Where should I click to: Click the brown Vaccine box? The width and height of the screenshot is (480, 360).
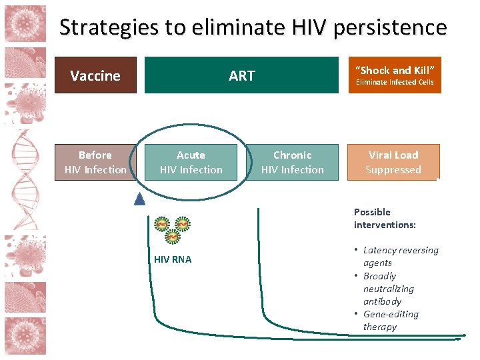(x=95, y=75)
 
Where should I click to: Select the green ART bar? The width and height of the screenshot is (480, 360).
(x=241, y=75)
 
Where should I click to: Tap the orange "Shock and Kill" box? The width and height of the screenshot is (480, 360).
(x=395, y=75)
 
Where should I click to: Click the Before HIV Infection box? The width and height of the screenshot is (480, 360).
(x=95, y=162)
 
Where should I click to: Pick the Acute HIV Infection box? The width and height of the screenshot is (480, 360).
(x=191, y=162)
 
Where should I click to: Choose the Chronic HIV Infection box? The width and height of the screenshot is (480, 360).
(x=293, y=162)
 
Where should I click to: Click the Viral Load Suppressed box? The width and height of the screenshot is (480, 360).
(x=393, y=162)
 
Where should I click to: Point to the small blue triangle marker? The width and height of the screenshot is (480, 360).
(x=139, y=198)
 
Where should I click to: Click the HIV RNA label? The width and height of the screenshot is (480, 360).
(x=172, y=259)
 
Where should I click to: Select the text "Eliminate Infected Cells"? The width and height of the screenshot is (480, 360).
(x=395, y=83)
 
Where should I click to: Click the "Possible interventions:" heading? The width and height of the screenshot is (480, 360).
(x=385, y=218)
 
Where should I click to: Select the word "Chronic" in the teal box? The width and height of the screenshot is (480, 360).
(x=293, y=155)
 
